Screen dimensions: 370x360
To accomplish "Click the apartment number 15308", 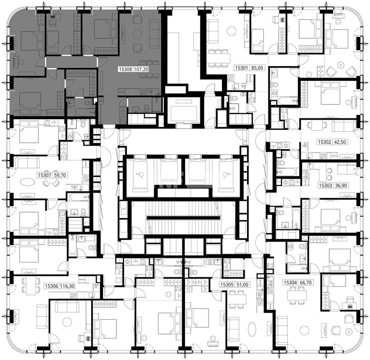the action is coord(126,69).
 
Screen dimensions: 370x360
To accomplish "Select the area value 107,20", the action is coord(142,69).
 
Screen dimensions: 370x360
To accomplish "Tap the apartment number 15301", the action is coord(242,68).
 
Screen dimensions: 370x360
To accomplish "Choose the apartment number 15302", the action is coord(325,142).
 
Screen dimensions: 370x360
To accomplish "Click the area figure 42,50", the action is coord(339,142).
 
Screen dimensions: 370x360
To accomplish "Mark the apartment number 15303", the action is coord(326,185).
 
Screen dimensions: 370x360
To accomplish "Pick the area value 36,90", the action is coord(341,185).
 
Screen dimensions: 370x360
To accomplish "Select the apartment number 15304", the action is coord(290,282).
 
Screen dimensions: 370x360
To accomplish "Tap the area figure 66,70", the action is coord(305,282).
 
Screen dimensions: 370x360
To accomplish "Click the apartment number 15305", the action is coord(227,285).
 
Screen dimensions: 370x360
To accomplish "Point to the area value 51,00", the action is coord(242,285).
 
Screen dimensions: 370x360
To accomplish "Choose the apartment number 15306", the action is coord(52,286).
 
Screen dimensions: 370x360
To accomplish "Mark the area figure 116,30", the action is coord(67,286).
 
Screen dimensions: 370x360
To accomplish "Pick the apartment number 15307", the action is coord(44,175).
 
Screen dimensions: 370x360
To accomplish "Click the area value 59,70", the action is coord(60,175).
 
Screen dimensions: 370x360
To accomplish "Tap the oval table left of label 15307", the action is coord(28,182).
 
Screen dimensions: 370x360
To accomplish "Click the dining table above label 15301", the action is coord(219,58).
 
